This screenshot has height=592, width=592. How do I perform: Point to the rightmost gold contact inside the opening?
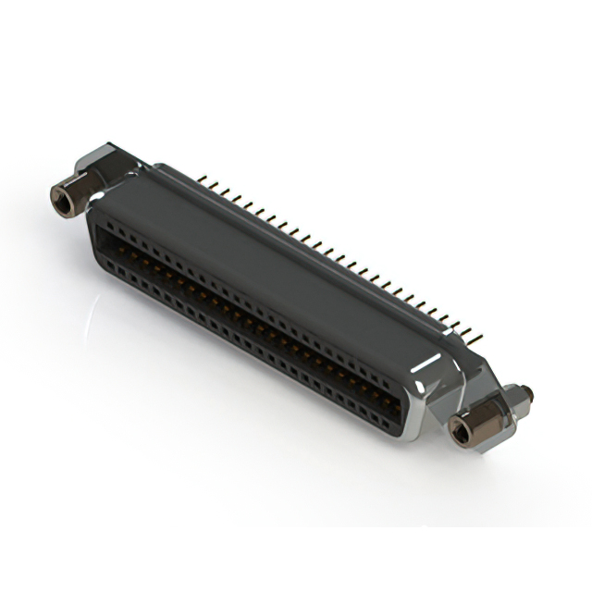[393, 398]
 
